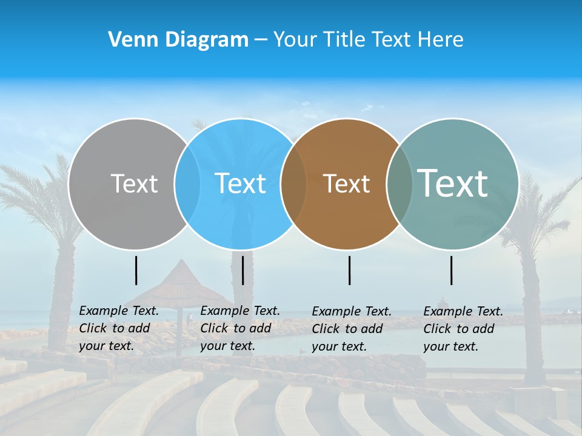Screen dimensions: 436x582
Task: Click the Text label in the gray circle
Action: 134,183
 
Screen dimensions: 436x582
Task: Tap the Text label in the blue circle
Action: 240,183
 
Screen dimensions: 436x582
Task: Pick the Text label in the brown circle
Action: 346,183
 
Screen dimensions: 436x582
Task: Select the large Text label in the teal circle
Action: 453,183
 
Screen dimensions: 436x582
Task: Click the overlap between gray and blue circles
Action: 187,183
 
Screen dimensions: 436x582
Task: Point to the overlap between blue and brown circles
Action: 293,183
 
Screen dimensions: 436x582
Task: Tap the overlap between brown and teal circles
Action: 400,183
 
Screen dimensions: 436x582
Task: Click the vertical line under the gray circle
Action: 136,270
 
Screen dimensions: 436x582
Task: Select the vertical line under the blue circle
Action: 242,270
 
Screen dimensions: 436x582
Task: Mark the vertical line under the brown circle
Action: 350,270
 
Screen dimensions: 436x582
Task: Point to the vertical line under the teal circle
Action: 451,270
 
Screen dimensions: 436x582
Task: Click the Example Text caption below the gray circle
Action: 119,328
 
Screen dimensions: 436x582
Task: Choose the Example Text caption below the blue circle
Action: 240,328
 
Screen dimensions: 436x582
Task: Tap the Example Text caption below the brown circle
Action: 352,329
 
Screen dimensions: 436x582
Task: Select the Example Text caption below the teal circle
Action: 463,329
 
